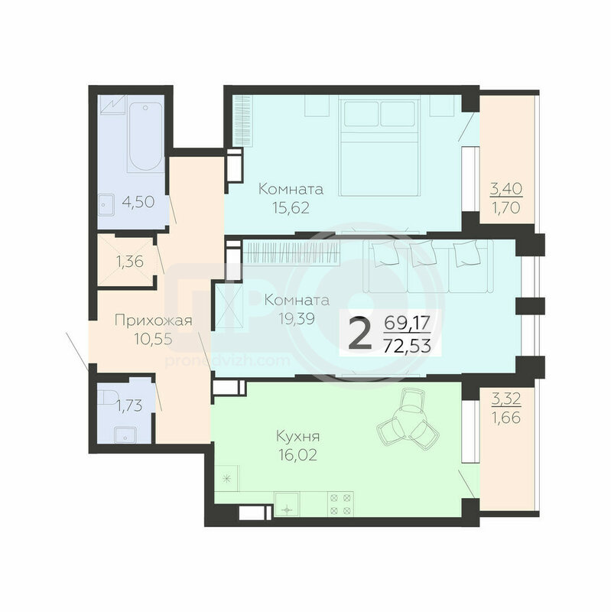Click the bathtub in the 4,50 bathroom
coord(145,137)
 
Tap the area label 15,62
coord(291,207)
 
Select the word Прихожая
coord(154,321)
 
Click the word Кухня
coord(297,436)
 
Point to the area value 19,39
coord(297,319)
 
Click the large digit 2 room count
coord(359,333)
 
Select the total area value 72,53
coord(407,346)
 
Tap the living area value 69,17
coord(407,323)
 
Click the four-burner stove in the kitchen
coord(340,504)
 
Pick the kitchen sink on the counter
coord(287,504)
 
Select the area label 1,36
coord(129,262)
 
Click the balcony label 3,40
coord(506,189)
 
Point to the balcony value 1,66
coord(505,418)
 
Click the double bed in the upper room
coord(379,147)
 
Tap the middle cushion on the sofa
coord(423,253)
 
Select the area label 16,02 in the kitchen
coord(297,454)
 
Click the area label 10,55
coord(153,339)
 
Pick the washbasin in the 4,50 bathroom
coord(106,205)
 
